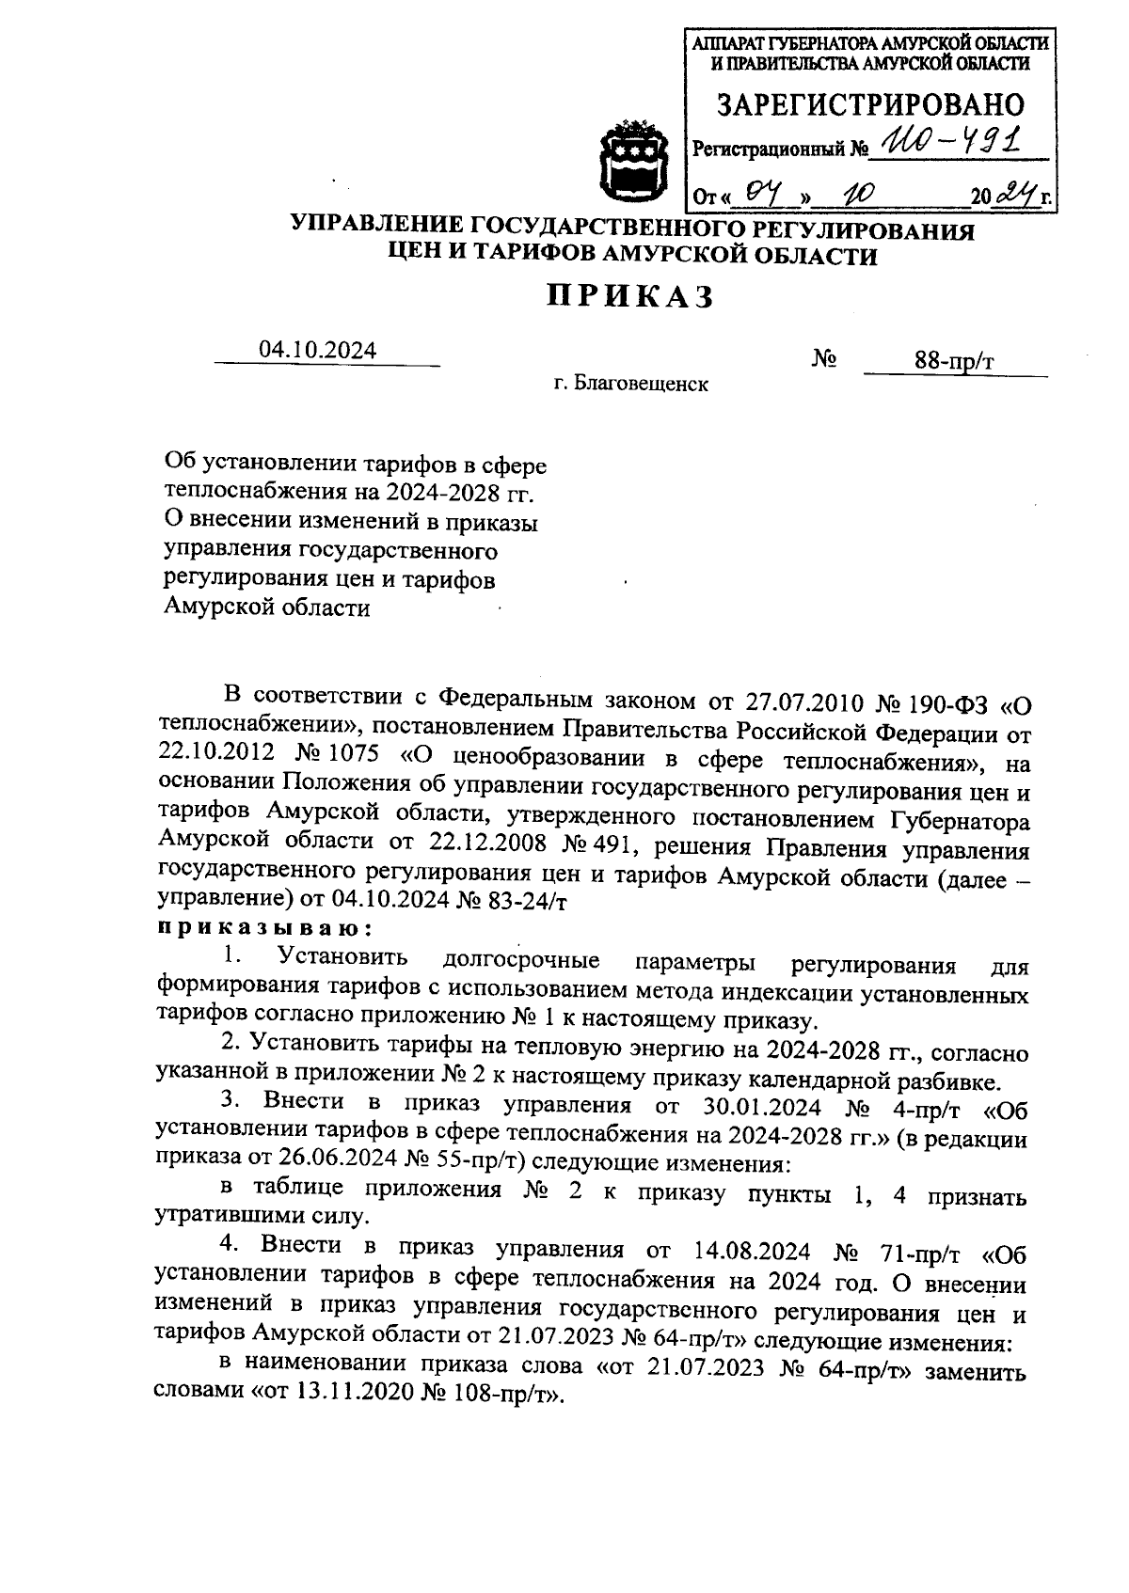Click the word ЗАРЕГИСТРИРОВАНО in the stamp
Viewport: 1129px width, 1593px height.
(869, 104)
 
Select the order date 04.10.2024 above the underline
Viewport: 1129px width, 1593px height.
(318, 350)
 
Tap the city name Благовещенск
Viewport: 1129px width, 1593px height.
(643, 384)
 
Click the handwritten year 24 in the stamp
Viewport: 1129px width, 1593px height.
(1014, 196)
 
